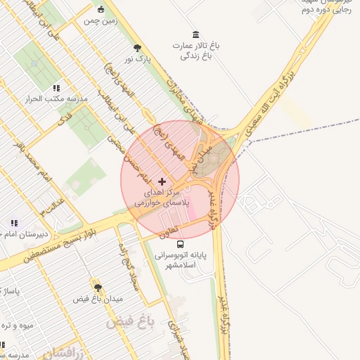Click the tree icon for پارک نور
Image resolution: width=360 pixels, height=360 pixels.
coord(137,48)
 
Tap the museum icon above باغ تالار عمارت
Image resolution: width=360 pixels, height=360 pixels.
coord(195,34)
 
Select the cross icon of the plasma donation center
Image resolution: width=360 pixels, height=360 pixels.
coord(162,181)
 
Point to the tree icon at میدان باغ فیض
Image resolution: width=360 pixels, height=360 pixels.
coord(98,288)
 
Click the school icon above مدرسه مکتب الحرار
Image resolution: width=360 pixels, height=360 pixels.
coord(56,88)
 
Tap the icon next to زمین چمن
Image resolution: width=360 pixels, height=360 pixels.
coord(101,9)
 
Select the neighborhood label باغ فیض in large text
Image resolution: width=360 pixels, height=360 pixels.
coord(129,323)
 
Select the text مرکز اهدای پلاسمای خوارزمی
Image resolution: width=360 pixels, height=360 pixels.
coord(162,197)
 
